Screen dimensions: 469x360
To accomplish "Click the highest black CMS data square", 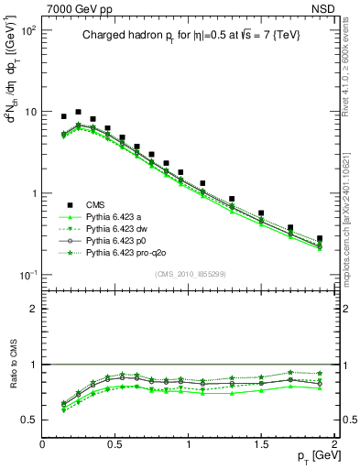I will coord(78,112).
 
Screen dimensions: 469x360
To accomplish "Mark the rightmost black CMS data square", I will coord(320,238).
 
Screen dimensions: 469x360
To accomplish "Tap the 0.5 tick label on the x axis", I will coord(115,443).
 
